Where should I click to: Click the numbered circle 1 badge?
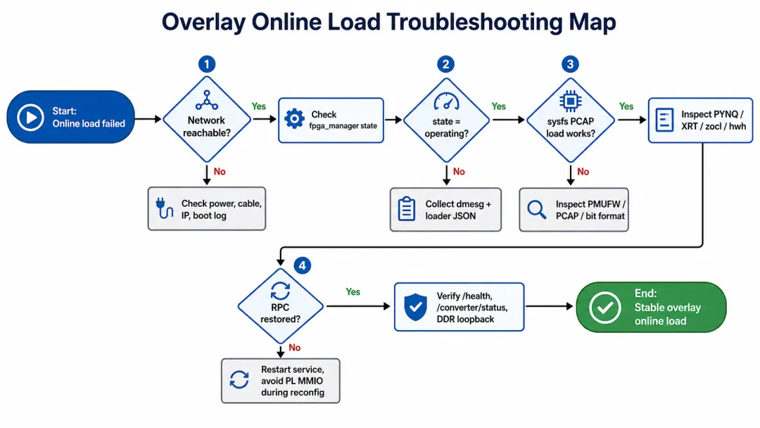pos(207,64)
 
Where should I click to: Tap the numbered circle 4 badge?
pos(303,265)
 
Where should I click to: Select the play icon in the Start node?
pos(30,118)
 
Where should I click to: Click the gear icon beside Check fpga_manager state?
pos(294,119)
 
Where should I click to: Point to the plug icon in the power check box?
pos(164,208)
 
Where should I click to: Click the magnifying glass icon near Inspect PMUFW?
pos(536,210)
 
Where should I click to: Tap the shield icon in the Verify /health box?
pos(415,308)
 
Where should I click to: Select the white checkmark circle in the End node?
pos(605,308)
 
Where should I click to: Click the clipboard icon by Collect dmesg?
pos(406,209)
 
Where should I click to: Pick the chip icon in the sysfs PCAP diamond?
pos(571,101)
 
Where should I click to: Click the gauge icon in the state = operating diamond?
pos(446,101)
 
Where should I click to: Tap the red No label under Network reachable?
pos(220,172)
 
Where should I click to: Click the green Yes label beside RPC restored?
pos(353,292)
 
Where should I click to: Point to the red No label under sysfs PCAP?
pos(583,172)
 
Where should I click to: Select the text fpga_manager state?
pos(343,126)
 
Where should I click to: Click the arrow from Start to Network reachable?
pos(148,119)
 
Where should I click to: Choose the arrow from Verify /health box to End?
pos(550,306)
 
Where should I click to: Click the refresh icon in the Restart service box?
pos(239,380)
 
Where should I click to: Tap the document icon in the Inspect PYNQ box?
pos(664,120)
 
